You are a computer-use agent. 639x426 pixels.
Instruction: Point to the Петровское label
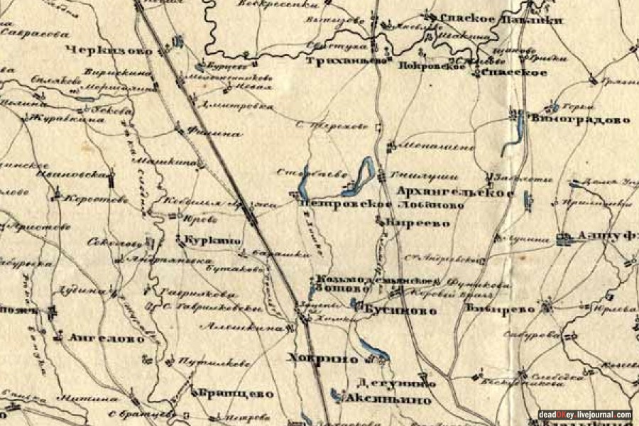pos(346,204)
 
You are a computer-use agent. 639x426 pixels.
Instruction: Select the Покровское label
pos(426,65)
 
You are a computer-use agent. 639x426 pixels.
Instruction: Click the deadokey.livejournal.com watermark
pos(584,415)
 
